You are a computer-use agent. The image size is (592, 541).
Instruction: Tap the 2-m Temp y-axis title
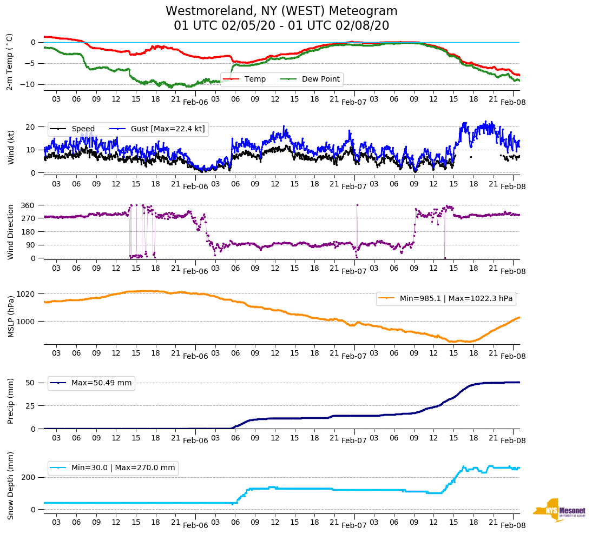click(10, 62)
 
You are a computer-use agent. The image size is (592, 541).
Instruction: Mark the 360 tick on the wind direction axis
click(28, 205)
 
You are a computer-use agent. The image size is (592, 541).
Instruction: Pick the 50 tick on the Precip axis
click(30, 383)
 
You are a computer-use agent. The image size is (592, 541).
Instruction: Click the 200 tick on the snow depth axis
click(28, 477)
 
